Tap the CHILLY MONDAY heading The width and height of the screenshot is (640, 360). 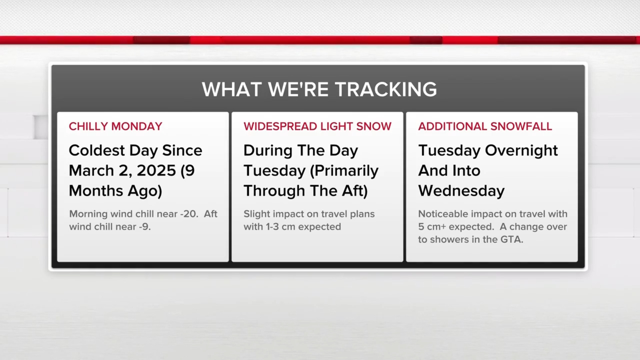point(115,126)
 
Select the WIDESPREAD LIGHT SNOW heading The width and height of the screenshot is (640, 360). point(317,126)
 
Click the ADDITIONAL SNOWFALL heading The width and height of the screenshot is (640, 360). point(485,126)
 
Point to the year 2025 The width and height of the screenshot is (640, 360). point(156,171)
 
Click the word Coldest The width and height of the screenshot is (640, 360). point(97,150)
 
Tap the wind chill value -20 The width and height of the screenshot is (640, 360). point(189,214)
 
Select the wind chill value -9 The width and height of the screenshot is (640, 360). point(145,227)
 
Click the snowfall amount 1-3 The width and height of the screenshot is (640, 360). point(272,227)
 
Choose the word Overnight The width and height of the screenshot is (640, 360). point(521,151)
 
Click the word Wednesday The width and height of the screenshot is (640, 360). point(461,191)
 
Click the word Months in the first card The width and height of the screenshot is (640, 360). point(96,191)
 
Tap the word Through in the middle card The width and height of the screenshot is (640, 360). point(274,191)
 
